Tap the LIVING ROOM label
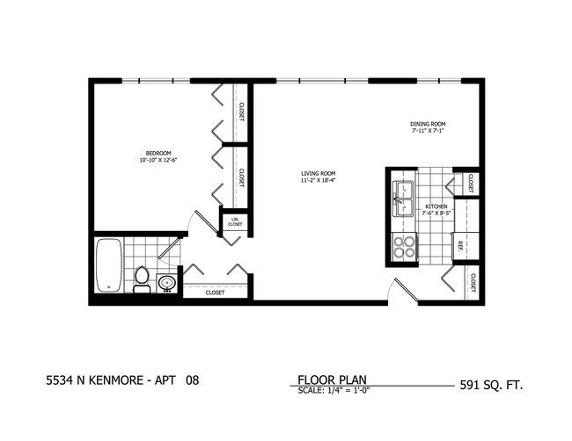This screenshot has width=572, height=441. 318,173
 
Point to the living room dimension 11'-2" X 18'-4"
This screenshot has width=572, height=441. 318,181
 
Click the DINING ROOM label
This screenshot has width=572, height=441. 429,124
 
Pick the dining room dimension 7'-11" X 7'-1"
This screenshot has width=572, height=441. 429,132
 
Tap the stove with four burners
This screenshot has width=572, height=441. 403,247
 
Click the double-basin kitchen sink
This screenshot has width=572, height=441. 403,199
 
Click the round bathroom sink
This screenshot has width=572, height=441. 166,283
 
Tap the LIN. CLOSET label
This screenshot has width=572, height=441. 235,222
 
